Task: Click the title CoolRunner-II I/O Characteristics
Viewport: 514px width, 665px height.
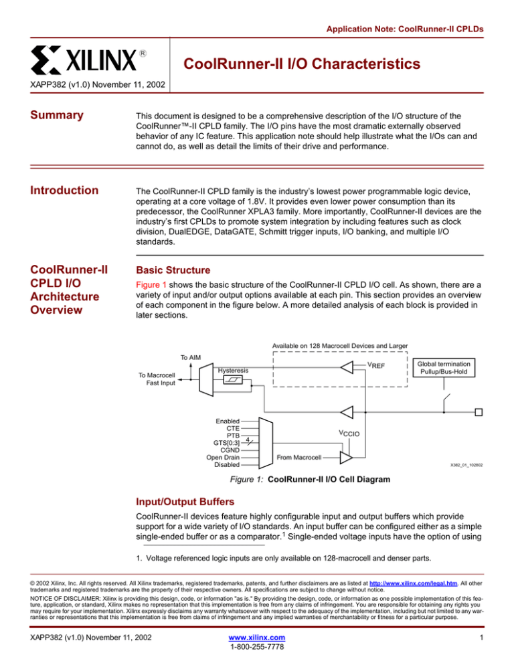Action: tap(302, 64)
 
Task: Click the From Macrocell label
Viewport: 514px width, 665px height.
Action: tap(298, 458)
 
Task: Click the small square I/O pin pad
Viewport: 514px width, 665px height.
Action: tap(478, 411)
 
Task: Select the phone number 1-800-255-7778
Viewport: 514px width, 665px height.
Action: tap(256, 652)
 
